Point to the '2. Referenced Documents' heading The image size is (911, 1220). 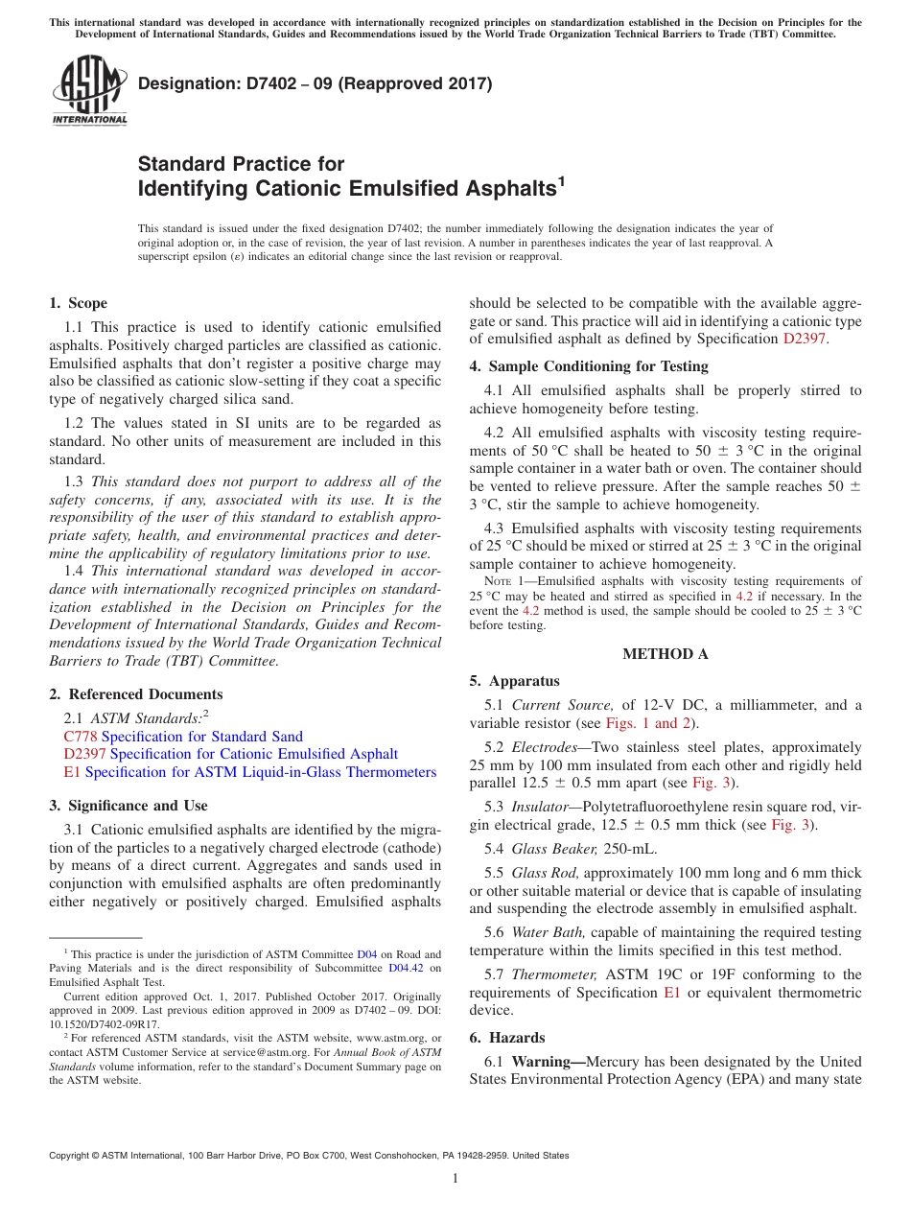135,694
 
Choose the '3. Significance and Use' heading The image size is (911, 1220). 128,806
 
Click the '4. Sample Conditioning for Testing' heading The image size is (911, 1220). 588,366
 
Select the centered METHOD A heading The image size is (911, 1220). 665,654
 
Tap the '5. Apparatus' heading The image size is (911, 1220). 514,681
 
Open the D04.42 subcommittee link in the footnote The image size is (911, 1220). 404,969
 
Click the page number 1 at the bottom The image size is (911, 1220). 455,1179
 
